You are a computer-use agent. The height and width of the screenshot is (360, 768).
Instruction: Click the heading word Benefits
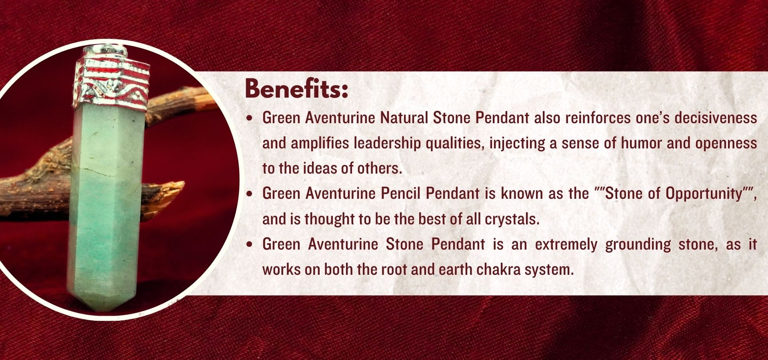296,89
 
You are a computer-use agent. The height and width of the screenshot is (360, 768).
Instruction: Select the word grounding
638,245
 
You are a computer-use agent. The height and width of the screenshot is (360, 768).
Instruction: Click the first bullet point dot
250,118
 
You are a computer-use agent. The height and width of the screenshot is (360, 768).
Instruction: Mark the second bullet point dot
250,194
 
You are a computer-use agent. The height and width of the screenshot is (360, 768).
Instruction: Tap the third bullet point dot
250,245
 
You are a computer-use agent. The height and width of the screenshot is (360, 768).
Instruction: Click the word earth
456,270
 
